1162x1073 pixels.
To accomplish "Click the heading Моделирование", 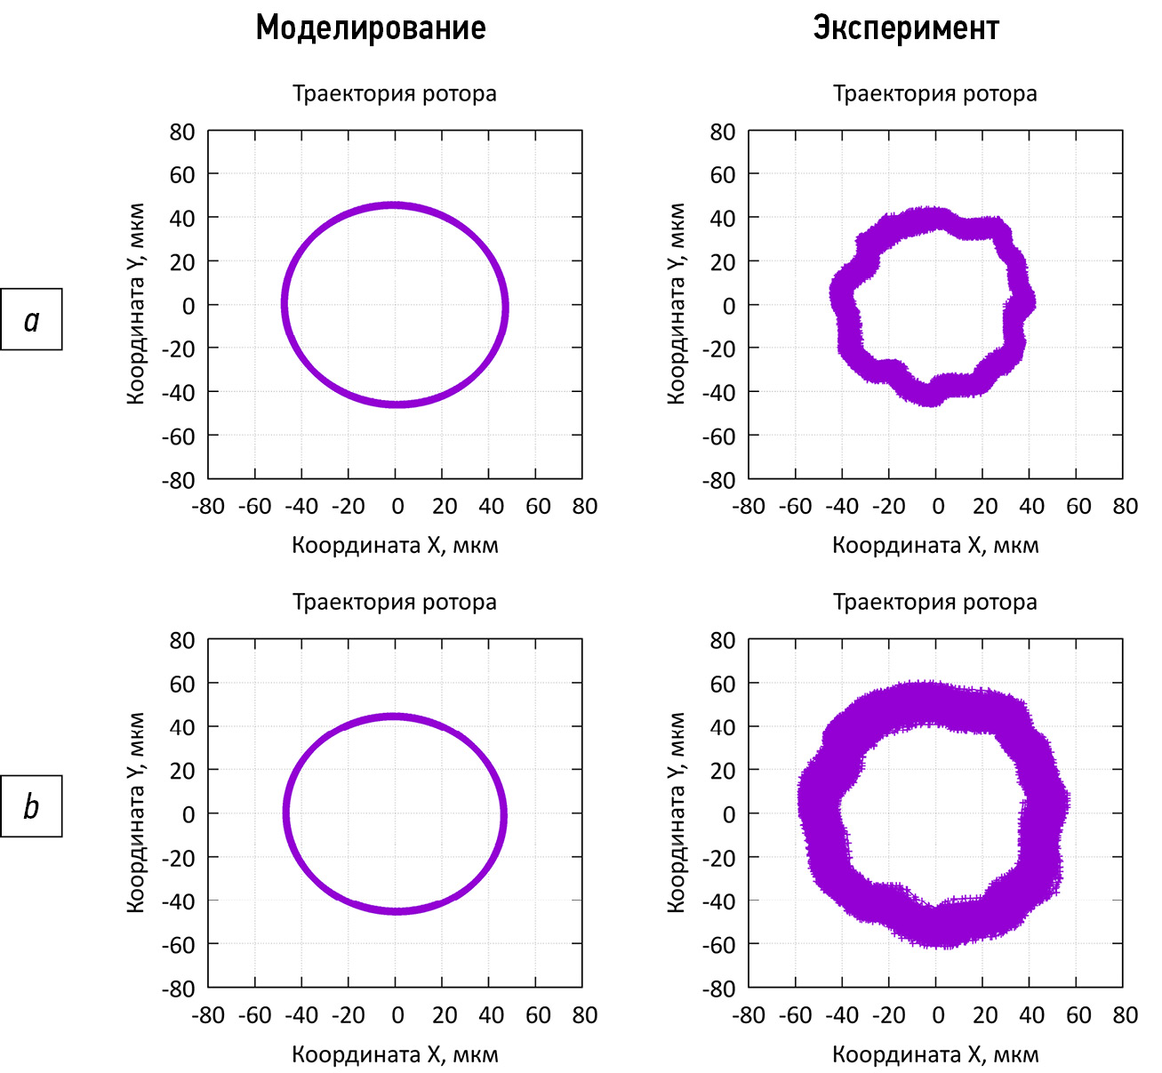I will (x=371, y=28).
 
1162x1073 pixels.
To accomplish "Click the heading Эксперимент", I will (x=906, y=28).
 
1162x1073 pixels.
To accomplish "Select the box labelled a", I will (x=32, y=319).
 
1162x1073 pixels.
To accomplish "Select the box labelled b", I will (x=32, y=806).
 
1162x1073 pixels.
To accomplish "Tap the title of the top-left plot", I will (x=395, y=93).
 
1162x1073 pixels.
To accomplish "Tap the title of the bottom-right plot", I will (x=934, y=602).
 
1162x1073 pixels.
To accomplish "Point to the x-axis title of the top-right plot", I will (x=935, y=545).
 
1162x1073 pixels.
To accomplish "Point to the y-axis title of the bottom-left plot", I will (x=135, y=813).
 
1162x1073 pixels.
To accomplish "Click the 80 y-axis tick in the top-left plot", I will (x=182, y=132).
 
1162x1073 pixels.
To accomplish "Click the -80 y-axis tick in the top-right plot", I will (x=718, y=479).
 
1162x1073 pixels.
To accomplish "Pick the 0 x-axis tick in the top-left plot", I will (x=397, y=507).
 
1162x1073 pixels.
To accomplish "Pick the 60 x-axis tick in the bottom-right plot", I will (x=1078, y=1015).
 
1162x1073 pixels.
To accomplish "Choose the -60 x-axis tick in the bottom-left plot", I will (x=255, y=1015).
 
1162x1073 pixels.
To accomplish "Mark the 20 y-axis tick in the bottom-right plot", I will (x=723, y=770).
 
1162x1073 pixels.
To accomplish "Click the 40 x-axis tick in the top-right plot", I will (x=1031, y=507).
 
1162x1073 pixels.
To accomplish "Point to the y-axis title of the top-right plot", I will (x=676, y=304).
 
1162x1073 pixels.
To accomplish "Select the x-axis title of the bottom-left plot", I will (x=395, y=1054).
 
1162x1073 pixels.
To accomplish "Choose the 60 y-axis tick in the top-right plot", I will (x=723, y=175).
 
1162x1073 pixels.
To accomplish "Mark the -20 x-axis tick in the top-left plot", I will (x=348, y=507).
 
